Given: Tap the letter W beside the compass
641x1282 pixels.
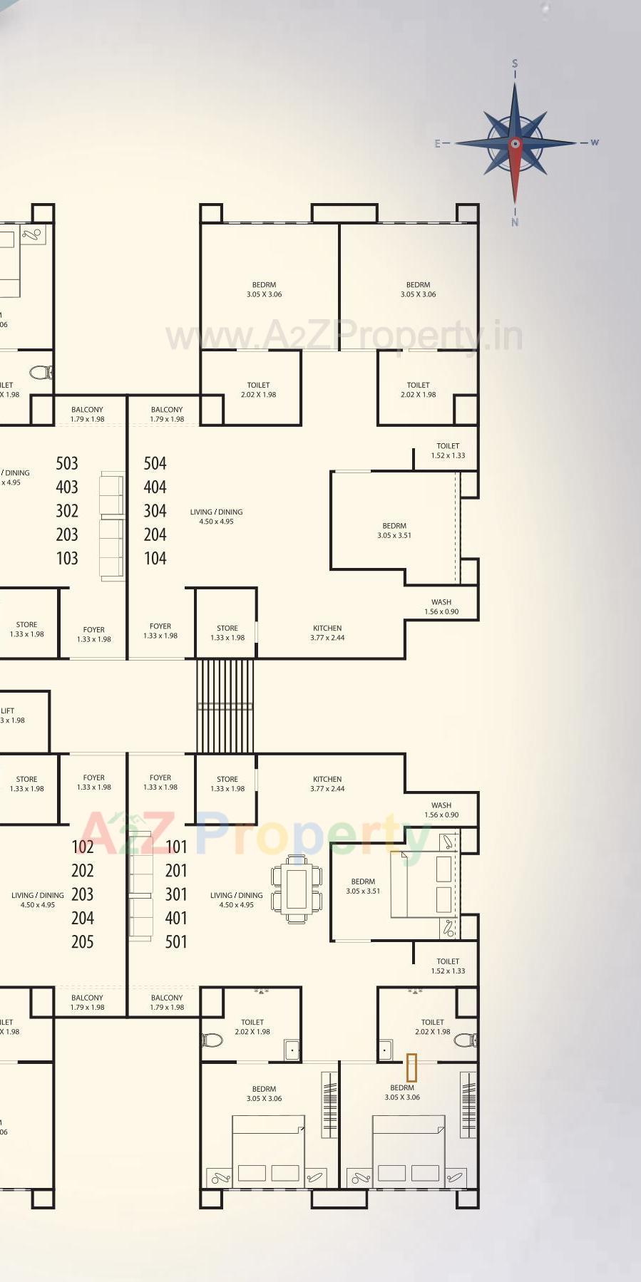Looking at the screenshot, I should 594,143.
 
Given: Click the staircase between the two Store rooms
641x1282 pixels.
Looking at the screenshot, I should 225,705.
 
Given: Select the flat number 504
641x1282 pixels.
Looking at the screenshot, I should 155,464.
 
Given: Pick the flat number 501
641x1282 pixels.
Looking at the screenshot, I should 176,942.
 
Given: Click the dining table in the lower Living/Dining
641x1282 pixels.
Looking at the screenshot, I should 296,889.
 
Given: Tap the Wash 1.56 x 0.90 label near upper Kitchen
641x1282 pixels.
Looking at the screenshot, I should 441,606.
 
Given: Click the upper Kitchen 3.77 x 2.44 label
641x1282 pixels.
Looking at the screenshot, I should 327,633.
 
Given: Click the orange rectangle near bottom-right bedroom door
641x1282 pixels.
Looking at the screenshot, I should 411,1068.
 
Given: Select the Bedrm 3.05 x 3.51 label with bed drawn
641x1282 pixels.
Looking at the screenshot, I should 363,886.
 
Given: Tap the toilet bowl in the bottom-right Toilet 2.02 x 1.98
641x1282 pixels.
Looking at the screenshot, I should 466,1040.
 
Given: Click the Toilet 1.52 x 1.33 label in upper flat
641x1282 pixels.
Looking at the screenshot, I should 448,450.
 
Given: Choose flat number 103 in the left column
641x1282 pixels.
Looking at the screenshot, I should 67,559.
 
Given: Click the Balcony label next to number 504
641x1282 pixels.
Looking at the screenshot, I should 167,414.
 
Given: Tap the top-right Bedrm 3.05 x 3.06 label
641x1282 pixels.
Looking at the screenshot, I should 418,289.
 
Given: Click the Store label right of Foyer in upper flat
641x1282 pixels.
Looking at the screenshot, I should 227,633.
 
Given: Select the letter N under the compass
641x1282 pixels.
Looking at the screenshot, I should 515,222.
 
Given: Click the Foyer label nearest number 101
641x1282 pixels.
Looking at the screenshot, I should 160,782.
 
